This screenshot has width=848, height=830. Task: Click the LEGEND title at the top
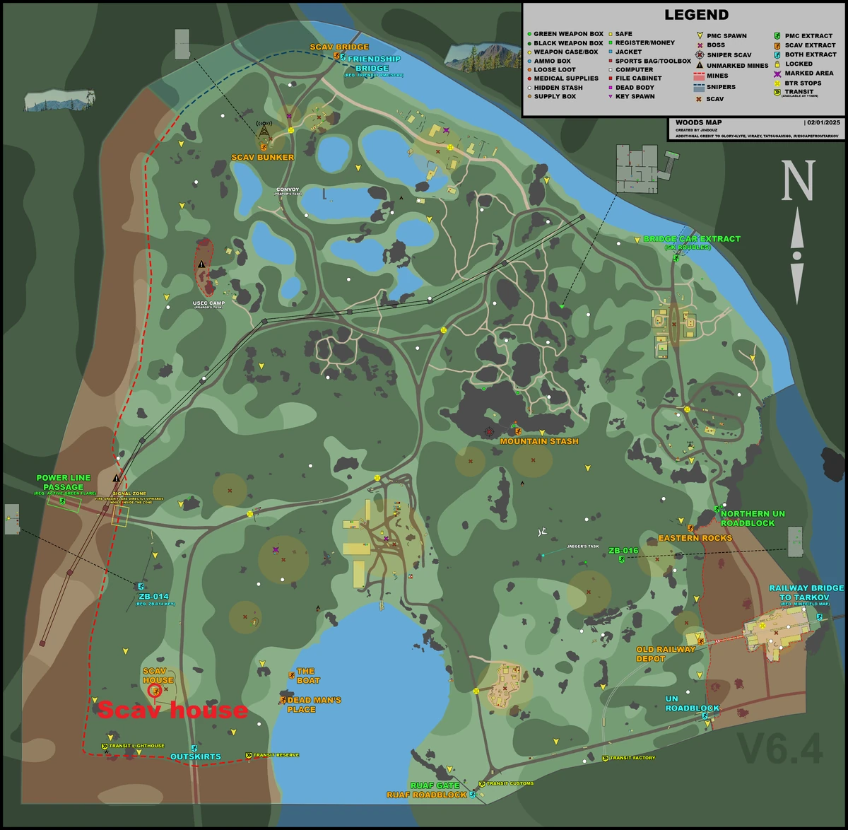696,15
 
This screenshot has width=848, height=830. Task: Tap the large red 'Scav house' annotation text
172,710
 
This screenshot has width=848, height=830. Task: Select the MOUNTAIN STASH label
539,441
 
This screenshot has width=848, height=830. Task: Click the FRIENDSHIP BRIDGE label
373,64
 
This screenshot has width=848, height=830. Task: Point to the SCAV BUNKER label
262,157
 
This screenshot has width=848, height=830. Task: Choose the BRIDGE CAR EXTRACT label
692,239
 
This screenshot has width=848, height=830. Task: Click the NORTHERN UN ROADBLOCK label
753,518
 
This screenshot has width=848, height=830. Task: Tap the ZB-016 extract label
623,551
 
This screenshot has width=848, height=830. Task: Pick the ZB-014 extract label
154,597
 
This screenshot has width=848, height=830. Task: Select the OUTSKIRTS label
196,756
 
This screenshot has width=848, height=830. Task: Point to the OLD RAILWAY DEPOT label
666,654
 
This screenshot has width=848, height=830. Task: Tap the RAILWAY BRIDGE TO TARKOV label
806,592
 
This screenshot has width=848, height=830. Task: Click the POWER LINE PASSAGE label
64,482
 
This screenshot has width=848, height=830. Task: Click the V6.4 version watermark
780,749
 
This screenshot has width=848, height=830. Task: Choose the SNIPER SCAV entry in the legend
729,54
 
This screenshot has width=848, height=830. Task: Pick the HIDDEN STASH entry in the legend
558,88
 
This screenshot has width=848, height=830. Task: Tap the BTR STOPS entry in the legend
803,83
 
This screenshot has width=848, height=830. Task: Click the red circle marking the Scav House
154,690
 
